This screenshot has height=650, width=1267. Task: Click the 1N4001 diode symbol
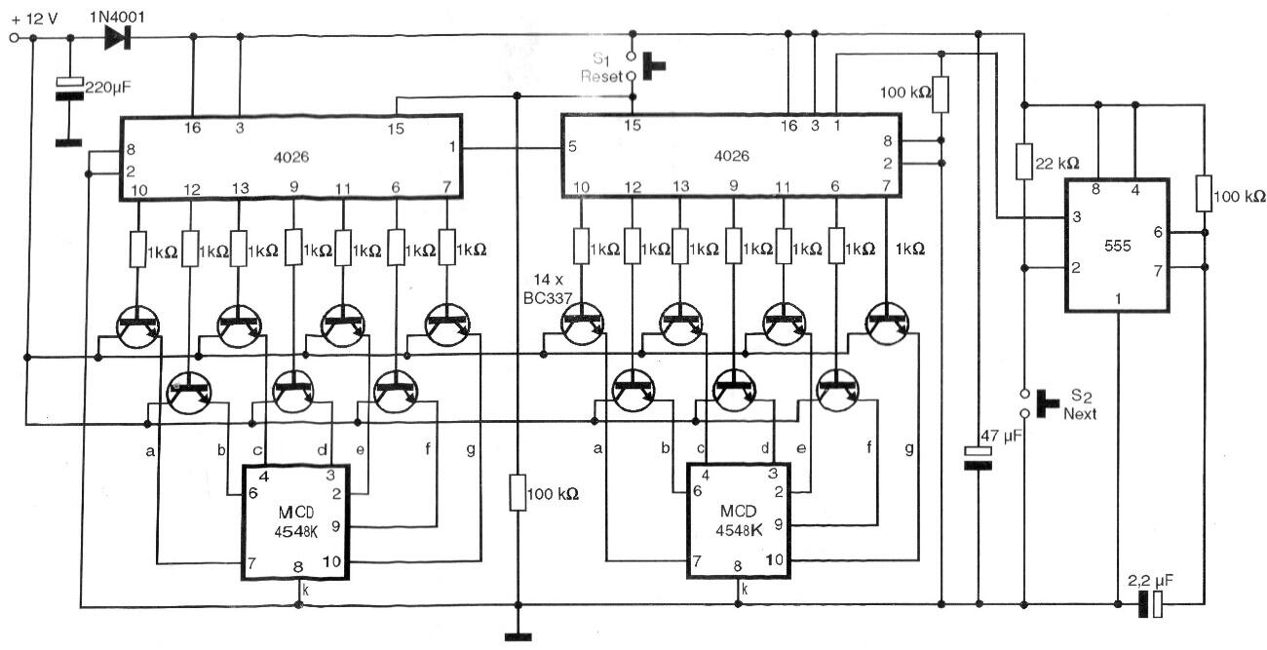click(118, 37)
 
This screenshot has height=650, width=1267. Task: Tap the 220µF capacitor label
click(108, 88)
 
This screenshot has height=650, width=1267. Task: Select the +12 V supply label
click(34, 19)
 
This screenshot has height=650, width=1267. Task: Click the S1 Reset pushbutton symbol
click(645, 66)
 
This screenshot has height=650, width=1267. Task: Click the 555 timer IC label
click(1118, 247)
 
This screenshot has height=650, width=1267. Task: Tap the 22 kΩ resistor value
click(1057, 164)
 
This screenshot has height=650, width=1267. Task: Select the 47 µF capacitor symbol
click(978, 458)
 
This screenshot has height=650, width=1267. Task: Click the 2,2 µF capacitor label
click(1150, 581)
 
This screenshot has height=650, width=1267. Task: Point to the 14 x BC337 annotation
click(548, 289)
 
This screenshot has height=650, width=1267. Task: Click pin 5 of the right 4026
click(572, 147)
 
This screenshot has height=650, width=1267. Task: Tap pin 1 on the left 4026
click(452, 147)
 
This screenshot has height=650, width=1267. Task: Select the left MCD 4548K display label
click(296, 522)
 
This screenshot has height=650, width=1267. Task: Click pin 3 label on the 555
click(1077, 216)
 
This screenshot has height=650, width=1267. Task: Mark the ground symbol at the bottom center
click(518, 637)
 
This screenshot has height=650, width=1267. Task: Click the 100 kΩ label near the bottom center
click(553, 494)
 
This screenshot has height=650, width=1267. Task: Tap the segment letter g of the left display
click(471, 450)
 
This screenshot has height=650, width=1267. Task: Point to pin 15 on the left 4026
click(396, 129)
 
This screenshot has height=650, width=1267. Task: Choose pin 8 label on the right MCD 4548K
click(738, 566)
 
